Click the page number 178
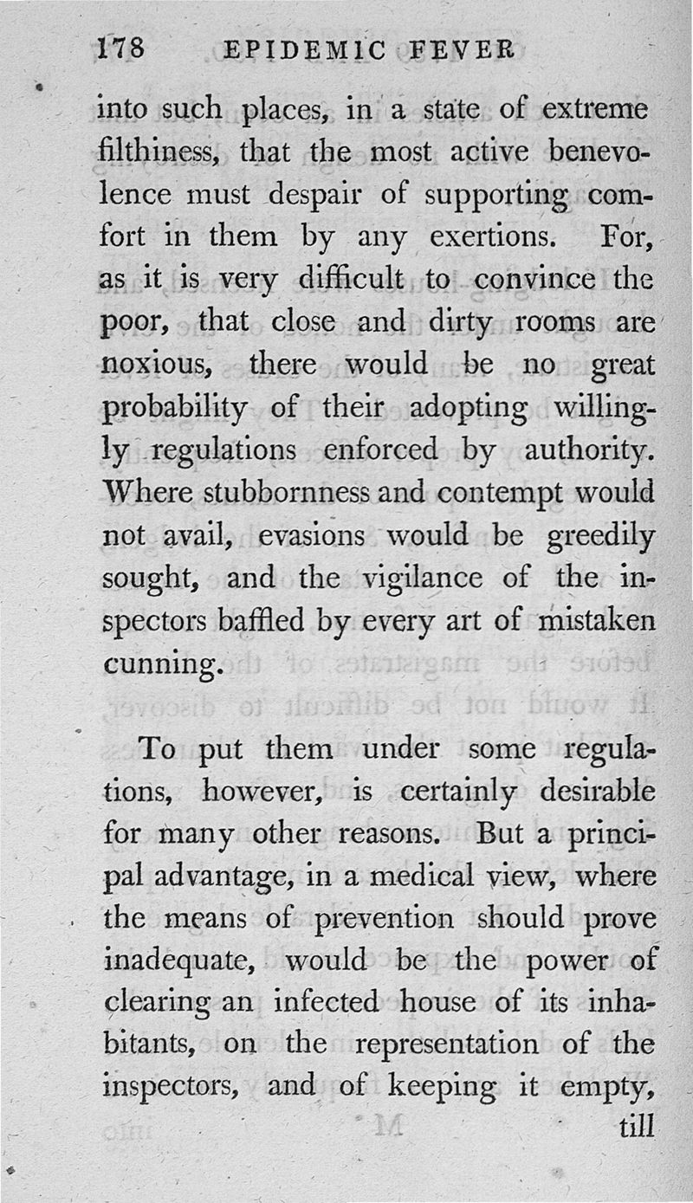(x=122, y=49)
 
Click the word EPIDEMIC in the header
(x=305, y=51)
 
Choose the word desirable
(x=597, y=791)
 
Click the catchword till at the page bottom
(x=637, y=1129)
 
